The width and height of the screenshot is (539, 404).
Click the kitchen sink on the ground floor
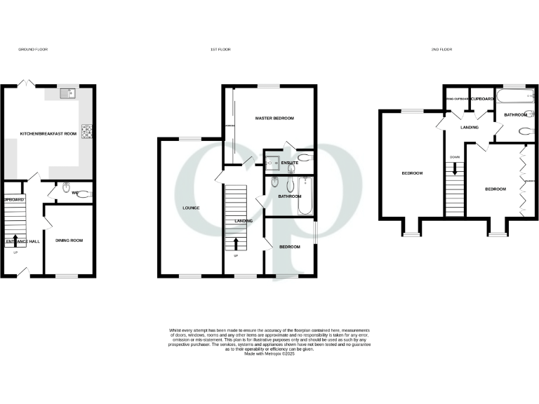click(67, 93)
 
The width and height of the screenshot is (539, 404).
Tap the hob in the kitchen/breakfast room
click(88, 131)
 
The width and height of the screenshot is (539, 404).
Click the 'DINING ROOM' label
click(69, 241)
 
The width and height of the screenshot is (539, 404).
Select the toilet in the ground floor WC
click(66, 188)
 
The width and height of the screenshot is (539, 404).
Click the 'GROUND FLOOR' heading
click(32, 49)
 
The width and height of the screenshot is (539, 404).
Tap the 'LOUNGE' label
click(191, 208)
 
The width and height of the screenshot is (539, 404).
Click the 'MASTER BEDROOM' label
click(274, 119)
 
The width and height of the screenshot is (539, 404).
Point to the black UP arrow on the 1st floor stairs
click(236, 243)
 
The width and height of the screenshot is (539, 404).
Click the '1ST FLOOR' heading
click(221, 49)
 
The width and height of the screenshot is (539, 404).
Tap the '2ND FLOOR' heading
click(442, 49)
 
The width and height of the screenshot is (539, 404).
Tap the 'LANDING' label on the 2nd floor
click(469, 128)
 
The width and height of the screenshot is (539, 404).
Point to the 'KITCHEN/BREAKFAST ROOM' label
click(48, 133)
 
